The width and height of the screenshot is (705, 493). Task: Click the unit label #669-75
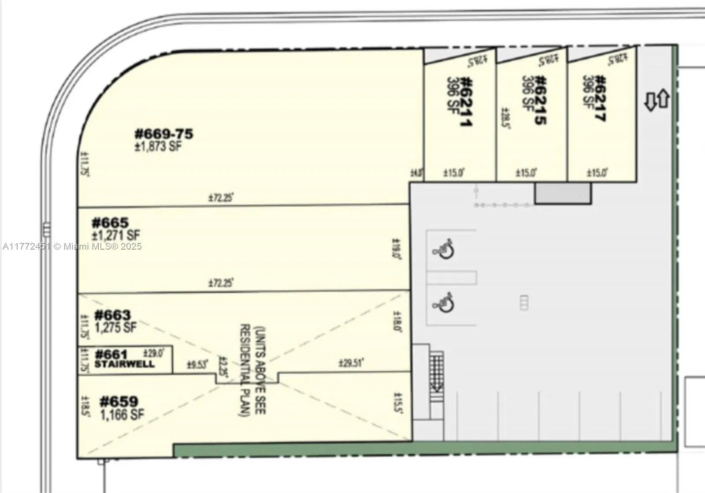point(163,134)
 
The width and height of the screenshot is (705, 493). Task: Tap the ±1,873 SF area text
point(158,147)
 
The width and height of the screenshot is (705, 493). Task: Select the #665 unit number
point(110,222)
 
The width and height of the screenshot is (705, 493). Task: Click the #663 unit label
point(112,315)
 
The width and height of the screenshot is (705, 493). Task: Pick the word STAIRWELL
point(125,364)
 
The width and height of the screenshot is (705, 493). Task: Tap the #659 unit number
point(119,401)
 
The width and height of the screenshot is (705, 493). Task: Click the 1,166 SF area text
point(122,415)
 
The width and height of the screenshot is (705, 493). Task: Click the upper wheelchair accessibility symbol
point(444,250)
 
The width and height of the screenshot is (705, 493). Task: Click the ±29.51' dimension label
point(351,363)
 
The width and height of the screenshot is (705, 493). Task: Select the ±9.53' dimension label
point(197,365)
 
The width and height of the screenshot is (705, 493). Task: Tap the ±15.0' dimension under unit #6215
point(526,173)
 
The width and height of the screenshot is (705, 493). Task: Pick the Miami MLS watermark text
point(72,246)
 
